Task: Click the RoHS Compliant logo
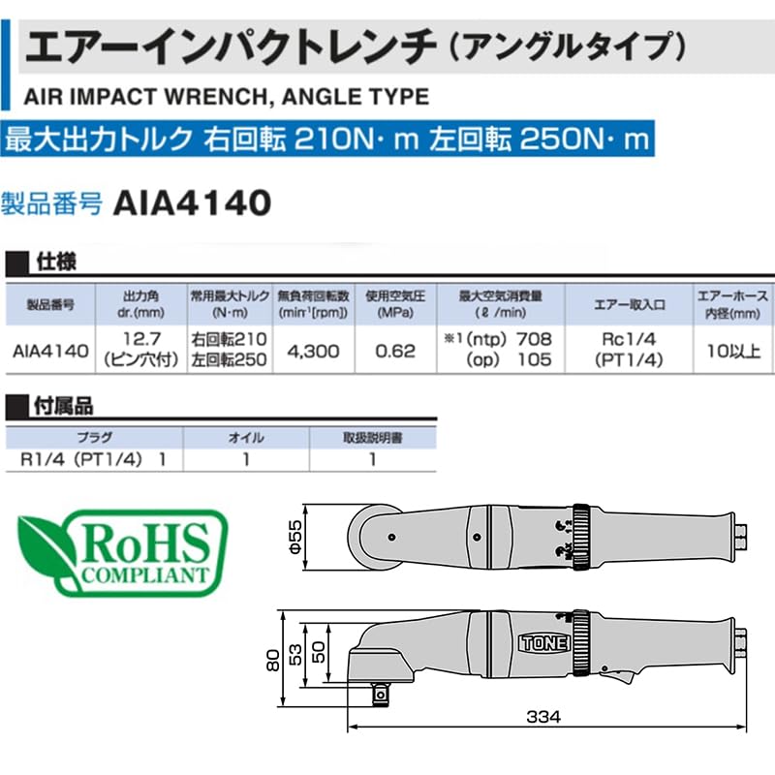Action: coord(122,552)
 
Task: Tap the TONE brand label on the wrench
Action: coord(544,643)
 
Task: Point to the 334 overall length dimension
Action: coord(543,716)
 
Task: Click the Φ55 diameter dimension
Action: coord(295,537)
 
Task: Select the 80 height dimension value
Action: coord(273,661)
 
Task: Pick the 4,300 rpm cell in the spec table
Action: coord(313,351)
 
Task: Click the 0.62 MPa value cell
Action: coord(395,351)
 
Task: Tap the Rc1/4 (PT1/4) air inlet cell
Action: coord(629,350)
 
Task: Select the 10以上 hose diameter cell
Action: coord(733,351)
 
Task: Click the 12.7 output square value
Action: coord(141,339)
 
